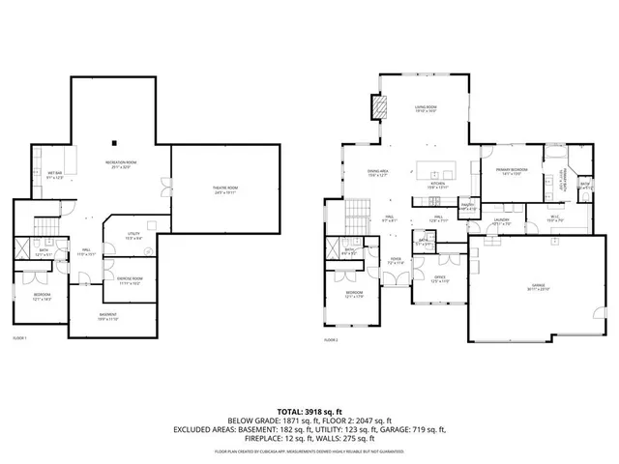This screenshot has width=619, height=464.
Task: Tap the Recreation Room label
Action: [x=120, y=162]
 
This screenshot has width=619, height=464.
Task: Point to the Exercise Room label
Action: [x=130, y=281]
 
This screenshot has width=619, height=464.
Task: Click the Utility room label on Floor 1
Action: [x=134, y=238]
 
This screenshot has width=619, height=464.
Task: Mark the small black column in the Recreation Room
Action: [x=113, y=134]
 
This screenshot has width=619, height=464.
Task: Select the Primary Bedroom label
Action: [x=510, y=171]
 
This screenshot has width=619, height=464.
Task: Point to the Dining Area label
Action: [x=351, y=174]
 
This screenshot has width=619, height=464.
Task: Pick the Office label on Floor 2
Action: [x=438, y=278]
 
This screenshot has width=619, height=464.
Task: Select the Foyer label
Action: [x=395, y=261]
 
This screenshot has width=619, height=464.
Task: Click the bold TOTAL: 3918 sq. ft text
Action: [x=309, y=412]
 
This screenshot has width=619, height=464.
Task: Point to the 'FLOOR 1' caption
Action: [x=19, y=338]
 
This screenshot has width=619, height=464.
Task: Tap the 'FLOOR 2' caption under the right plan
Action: [x=332, y=340]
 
